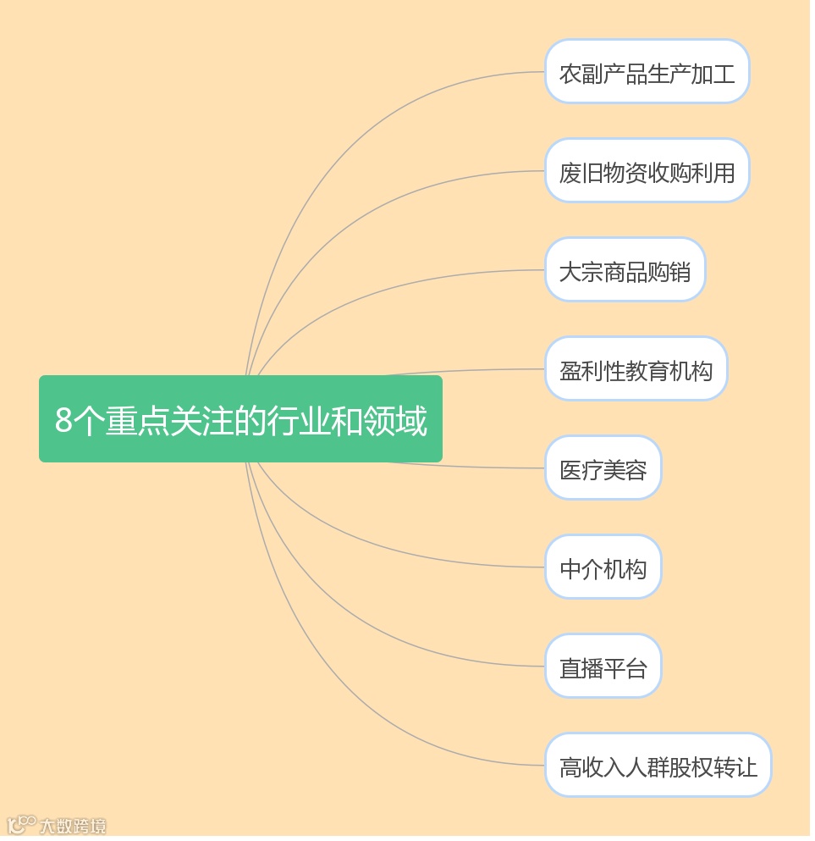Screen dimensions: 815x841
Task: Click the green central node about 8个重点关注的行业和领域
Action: pyautogui.click(x=241, y=420)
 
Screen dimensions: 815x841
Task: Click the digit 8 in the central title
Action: pyautogui.click(x=63, y=421)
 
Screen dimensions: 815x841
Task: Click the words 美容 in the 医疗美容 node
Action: pyautogui.click(x=627, y=469)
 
